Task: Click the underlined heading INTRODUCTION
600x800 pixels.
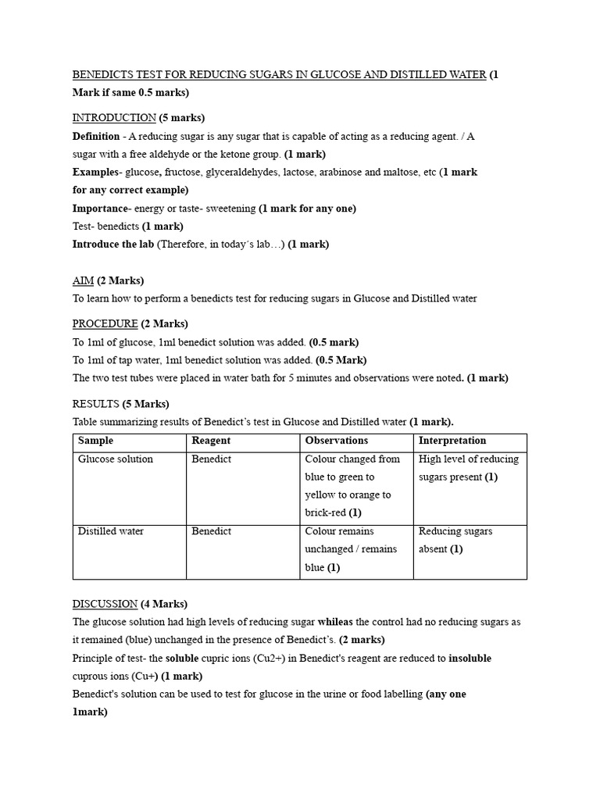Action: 114,118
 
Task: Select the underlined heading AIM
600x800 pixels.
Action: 84,280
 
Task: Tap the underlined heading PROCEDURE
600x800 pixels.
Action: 105,323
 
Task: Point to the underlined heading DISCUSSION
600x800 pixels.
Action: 105,604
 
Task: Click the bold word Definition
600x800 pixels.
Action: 96,136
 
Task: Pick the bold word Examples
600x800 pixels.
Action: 94,172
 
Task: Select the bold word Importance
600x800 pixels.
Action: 100,209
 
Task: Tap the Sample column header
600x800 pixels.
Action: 95,441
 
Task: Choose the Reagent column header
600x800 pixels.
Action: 211,441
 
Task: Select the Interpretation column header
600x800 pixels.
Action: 452,441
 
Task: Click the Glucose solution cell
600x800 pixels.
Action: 116,459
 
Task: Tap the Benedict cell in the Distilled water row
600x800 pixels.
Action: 212,531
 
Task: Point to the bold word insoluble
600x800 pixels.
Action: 470,658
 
